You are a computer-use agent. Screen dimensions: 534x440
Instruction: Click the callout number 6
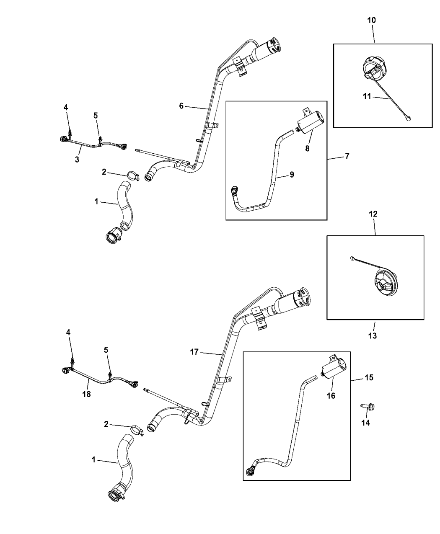coord(181,106)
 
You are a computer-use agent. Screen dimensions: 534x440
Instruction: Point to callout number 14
coord(365,423)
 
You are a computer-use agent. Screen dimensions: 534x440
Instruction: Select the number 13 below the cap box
coord(373,335)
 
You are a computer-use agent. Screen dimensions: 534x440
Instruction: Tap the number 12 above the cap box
coord(373,214)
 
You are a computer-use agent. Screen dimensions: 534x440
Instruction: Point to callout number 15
coord(369,377)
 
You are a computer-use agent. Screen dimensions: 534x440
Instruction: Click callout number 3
coord(77,160)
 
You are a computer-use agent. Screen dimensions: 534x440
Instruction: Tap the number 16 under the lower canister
coord(331,395)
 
